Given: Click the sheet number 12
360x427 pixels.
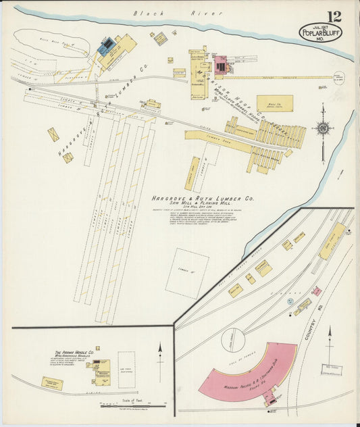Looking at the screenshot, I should (334, 17).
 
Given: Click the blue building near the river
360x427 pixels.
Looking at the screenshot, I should (106, 46).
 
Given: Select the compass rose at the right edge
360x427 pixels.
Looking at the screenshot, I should (323, 128).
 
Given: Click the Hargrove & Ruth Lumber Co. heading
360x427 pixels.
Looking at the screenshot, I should (202, 199).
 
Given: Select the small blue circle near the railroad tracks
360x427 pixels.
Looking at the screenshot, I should (290, 301).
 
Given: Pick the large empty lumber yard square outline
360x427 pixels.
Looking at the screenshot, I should (186, 273).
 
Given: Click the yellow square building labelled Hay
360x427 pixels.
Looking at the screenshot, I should (275, 103).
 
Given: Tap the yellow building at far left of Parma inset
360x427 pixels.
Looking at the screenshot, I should (52, 383).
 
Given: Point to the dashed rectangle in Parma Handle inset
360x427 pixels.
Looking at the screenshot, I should (126, 370).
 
